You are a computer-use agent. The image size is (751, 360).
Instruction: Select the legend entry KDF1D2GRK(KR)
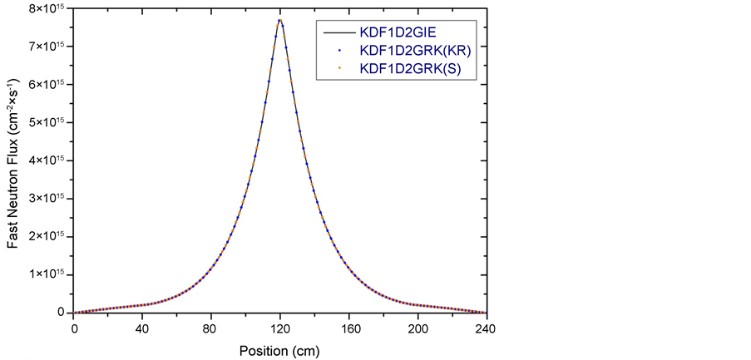coord(410,52)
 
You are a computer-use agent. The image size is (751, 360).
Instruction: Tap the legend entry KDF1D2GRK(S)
coord(405,69)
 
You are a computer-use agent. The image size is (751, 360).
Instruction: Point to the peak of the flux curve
coord(280,20)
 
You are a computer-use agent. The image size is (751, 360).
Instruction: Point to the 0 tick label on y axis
coord(61,313)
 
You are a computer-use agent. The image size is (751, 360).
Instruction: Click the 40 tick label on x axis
coord(142,328)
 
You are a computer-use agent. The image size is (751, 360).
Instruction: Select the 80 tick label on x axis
coord(211,328)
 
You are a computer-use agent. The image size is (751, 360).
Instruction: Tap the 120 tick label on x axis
coord(280,328)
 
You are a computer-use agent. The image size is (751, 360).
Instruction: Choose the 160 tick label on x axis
coord(349,328)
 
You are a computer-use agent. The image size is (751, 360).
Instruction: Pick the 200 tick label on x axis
coord(418,328)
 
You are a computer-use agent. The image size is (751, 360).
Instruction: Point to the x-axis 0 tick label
coord(73,328)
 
